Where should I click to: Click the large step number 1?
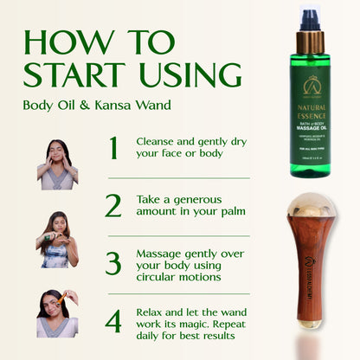coord(113,149)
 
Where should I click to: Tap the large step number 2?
coord(113,205)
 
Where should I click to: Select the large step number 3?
coord(113,262)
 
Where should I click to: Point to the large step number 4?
coord(113,320)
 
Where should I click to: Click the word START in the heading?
coord(70,74)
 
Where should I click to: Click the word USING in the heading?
coord(182,74)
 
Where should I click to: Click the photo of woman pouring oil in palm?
coord(58,239)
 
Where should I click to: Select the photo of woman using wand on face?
coord(58,313)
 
